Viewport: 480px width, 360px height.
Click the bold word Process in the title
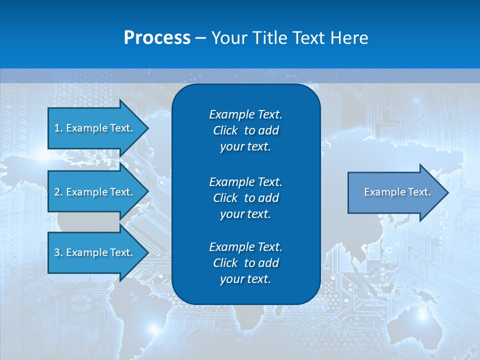157,38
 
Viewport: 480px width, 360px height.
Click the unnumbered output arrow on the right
395,192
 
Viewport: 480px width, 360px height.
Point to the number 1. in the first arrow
58,128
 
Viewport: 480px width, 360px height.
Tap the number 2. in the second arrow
58,192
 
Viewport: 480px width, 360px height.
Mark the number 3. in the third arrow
58,252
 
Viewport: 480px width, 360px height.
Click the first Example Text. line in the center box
245,114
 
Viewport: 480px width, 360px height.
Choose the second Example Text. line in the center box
245,181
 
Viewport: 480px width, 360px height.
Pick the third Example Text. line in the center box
245,247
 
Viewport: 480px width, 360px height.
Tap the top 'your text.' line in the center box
245,146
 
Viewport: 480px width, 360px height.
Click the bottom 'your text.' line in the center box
245,279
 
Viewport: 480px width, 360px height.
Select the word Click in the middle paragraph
225,198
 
